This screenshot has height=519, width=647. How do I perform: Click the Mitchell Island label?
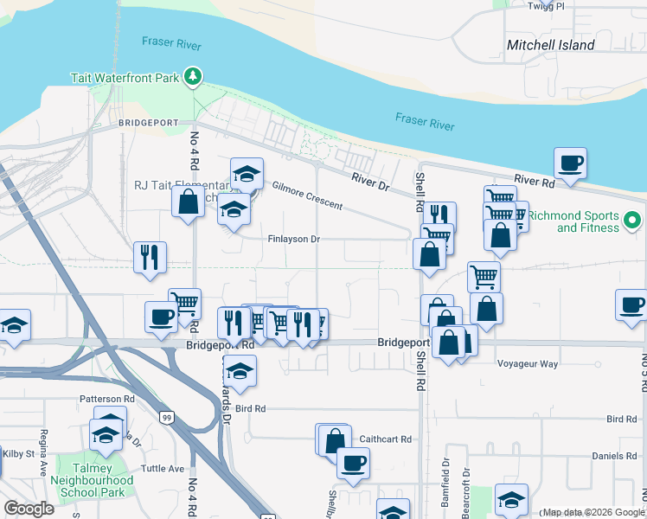point(551,45)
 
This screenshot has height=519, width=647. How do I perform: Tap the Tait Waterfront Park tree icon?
point(193,78)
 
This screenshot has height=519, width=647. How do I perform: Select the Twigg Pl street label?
point(547,6)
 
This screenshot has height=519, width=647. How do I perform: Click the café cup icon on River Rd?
point(570,163)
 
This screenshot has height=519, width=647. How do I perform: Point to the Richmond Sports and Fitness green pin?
point(632,221)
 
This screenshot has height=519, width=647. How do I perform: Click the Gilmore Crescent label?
point(307,195)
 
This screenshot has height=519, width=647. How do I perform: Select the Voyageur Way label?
point(528,364)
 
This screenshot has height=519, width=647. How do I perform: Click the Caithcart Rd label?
point(385,439)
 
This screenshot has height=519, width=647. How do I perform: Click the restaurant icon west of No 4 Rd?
point(150,257)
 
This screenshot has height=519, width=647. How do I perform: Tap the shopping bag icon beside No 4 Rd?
point(188,202)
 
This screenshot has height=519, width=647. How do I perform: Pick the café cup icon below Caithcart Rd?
point(352,463)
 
